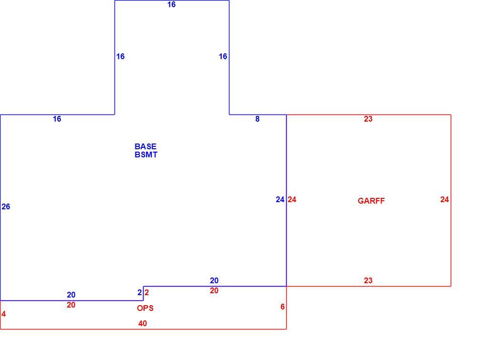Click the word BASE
click(145, 146)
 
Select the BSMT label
click(146, 154)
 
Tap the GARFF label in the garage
click(371, 201)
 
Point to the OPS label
click(145, 308)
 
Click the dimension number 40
click(142, 323)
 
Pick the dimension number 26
click(6, 206)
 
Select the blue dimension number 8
click(258, 119)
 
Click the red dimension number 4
click(4, 314)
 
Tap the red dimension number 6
click(282, 307)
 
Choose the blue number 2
click(140, 292)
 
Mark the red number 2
click(146, 292)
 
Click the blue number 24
click(280, 199)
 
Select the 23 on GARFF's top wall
click(368, 119)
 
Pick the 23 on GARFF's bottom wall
click(368, 280)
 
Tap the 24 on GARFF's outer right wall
click(445, 199)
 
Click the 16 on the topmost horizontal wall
click(172, 4)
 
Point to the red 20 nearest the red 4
click(71, 305)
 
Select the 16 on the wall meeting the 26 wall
click(57, 119)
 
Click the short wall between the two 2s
click(143, 293)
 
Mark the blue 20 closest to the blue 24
click(214, 280)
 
